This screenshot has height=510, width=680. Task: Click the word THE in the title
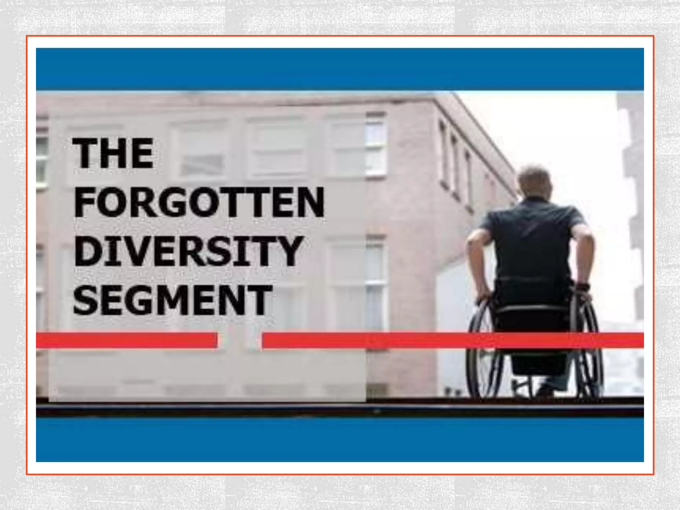[113, 153]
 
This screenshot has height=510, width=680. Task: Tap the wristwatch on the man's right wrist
[582, 286]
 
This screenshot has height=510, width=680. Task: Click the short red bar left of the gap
[126, 340]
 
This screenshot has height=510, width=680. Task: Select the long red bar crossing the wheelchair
[452, 340]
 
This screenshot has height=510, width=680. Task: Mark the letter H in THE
[113, 153]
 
